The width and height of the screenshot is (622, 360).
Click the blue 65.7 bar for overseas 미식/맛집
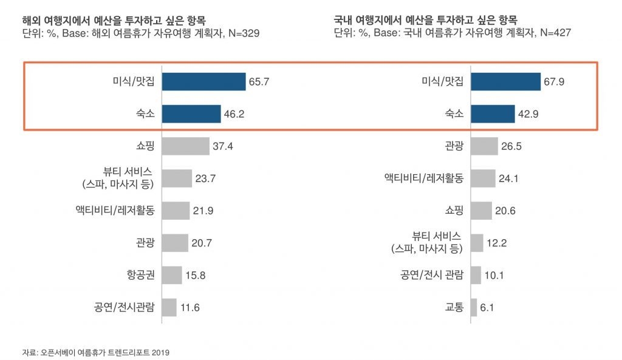(203, 81)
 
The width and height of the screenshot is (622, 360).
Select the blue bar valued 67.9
(505, 81)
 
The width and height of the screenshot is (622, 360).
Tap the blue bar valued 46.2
(191, 114)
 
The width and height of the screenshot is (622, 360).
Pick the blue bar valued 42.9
(493, 114)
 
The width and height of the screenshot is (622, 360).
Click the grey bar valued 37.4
(185, 146)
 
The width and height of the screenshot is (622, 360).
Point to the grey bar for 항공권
(172, 275)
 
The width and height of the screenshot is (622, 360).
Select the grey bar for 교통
(473, 307)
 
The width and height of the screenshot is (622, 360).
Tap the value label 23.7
(205, 178)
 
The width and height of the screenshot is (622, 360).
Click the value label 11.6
(190, 307)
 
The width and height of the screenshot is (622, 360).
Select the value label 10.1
(494, 275)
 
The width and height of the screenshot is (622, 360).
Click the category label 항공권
(138, 275)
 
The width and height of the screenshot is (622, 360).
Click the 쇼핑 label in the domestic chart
(454, 211)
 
